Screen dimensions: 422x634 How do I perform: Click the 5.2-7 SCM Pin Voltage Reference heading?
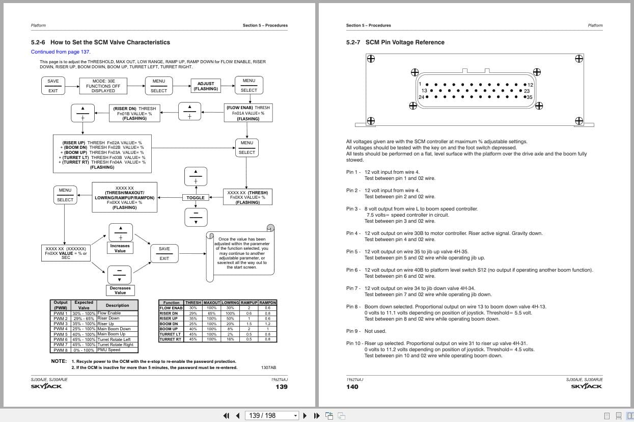click(x=395, y=42)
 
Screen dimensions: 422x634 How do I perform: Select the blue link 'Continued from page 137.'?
click(x=61, y=52)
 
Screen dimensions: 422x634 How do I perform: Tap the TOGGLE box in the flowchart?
click(x=196, y=198)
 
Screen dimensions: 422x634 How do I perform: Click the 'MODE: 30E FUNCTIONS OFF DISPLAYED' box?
click(x=103, y=86)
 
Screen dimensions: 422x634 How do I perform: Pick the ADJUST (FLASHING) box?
click(x=206, y=86)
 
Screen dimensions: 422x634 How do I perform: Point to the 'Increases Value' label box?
click(x=120, y=248)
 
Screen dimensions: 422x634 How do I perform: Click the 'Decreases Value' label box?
click(x=120, y=291)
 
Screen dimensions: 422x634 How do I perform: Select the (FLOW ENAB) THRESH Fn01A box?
click(x=248, y=113)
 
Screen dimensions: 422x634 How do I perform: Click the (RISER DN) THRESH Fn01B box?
click(x=134, y=113)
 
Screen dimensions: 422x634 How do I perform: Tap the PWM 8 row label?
click(x=61, y=350)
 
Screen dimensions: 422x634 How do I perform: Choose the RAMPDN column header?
click(x=268, y=303)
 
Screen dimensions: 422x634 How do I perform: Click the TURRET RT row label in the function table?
click(x=170, y=339)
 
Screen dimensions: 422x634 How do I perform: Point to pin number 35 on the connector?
click(x=529, y=97)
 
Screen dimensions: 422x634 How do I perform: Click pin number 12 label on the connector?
click(x=530, y=85)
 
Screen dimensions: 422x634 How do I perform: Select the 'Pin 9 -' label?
click(x=353, y=331)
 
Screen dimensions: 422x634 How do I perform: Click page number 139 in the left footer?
click(x=281, y=387)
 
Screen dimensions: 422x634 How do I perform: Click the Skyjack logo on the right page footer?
click(x=586, y=386)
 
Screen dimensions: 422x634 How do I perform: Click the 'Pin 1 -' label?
click(x=353, y=172)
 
